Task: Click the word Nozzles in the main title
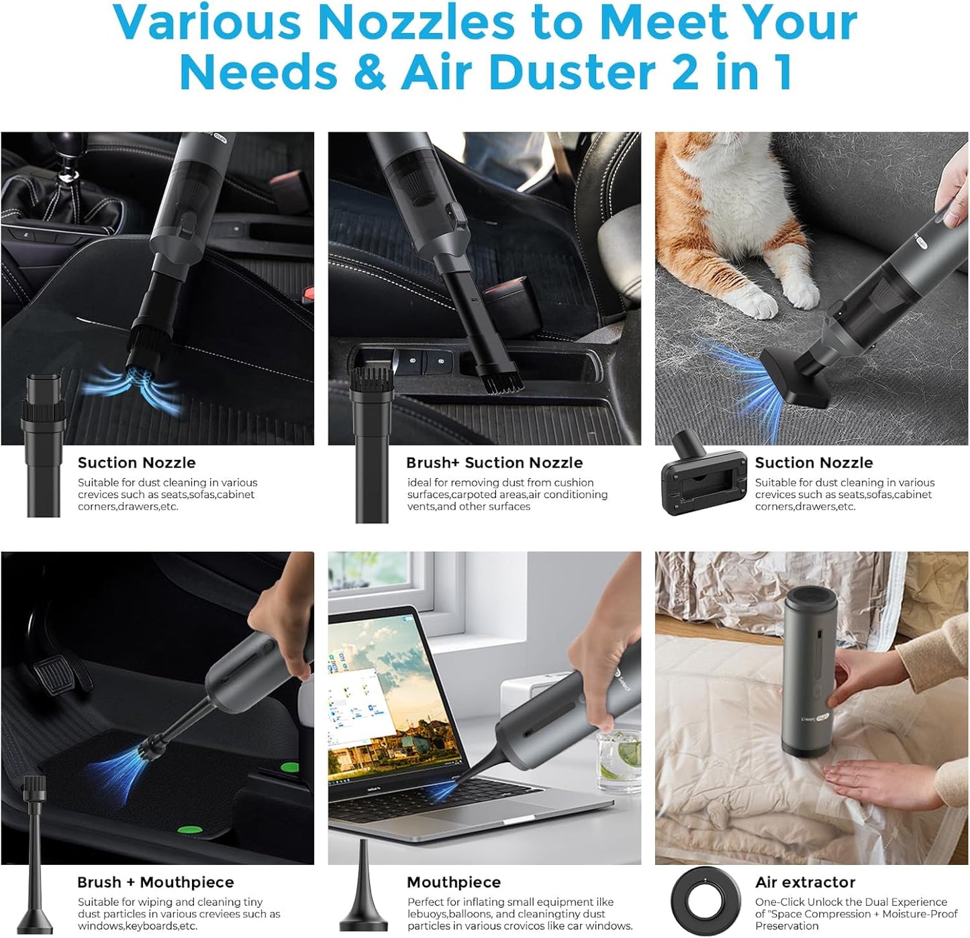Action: point(416,22)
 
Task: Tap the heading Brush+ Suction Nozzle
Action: point(494,463)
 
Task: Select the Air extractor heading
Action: point(805,882)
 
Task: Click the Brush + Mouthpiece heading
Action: point(155,882)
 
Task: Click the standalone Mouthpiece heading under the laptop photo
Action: point(453,882)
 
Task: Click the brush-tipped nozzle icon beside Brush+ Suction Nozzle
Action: point(371,443)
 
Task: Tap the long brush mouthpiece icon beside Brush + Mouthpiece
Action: point(34,853)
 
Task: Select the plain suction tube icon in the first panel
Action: point(44,443)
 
